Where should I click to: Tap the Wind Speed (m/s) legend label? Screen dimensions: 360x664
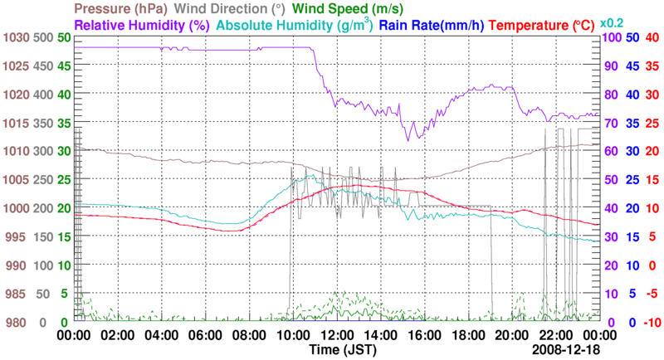[x=341, y=10]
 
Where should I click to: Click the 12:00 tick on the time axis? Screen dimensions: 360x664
[x=337, y=335]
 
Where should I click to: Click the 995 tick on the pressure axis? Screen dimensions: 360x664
[x=17, y=236]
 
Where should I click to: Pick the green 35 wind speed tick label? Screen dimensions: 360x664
[x=64, y=123]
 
